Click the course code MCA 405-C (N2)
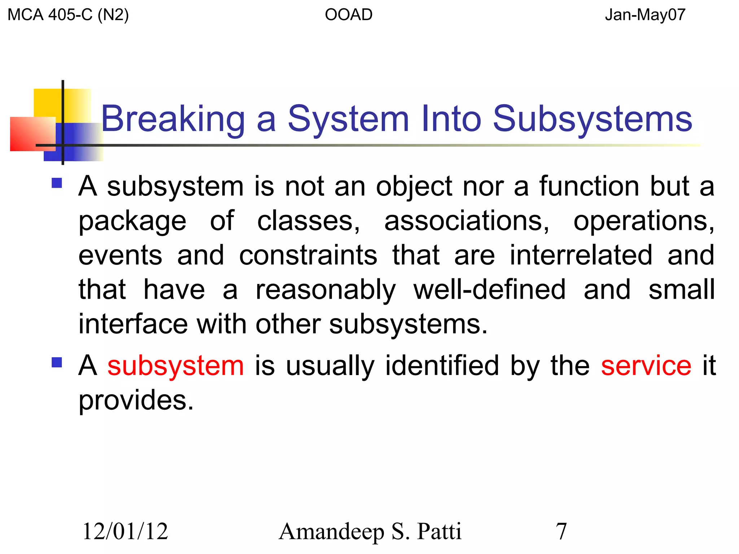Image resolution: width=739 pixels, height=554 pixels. point(68,15)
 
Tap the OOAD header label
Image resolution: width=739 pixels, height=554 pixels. point(349,15)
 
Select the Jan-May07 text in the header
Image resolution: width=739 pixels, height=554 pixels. point(645,15)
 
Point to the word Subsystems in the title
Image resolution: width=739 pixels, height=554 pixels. point(592,119)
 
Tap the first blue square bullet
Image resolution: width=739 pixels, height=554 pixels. point(57,183)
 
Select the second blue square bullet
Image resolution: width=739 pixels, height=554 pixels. point(57,362)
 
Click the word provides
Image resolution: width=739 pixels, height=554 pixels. point(136,401)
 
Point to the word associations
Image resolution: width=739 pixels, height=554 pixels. point(467,221)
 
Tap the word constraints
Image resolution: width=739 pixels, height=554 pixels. point(308,255)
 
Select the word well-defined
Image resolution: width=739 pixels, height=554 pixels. point(489,290)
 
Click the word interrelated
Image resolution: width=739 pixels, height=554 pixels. point(581,255)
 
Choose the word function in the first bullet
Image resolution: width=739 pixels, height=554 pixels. point(589,186)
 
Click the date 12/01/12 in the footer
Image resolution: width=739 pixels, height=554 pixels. point(125,531)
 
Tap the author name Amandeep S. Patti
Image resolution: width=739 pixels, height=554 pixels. point(370,531)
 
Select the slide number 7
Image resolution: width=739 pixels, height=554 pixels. point(561,531)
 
